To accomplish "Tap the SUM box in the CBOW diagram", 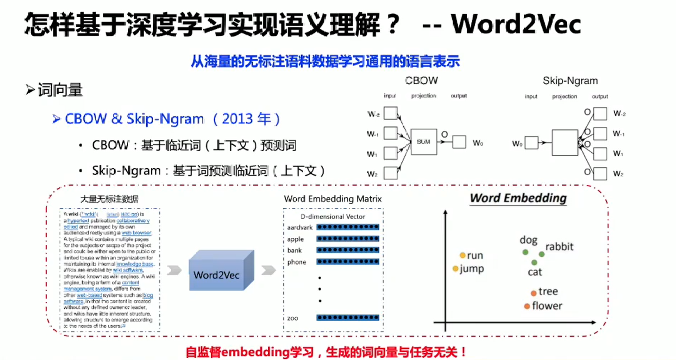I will (424, 141).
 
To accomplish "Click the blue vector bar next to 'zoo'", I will (348, 318).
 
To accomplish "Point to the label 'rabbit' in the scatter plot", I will (559, 247).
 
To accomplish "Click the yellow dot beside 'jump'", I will (455, 269).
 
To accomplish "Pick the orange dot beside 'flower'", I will (527, 306).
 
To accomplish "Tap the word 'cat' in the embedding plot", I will (535, 272).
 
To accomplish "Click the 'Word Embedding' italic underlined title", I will (518, 198).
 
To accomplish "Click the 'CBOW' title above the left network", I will (422, 81).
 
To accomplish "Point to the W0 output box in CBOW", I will (459, 142).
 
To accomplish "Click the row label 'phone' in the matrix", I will (297, 262).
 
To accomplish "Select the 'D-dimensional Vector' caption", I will (333, 216).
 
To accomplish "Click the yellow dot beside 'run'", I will (462, 255).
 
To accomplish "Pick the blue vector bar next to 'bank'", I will (348, 250).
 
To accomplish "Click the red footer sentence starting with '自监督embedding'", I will (326, 352).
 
